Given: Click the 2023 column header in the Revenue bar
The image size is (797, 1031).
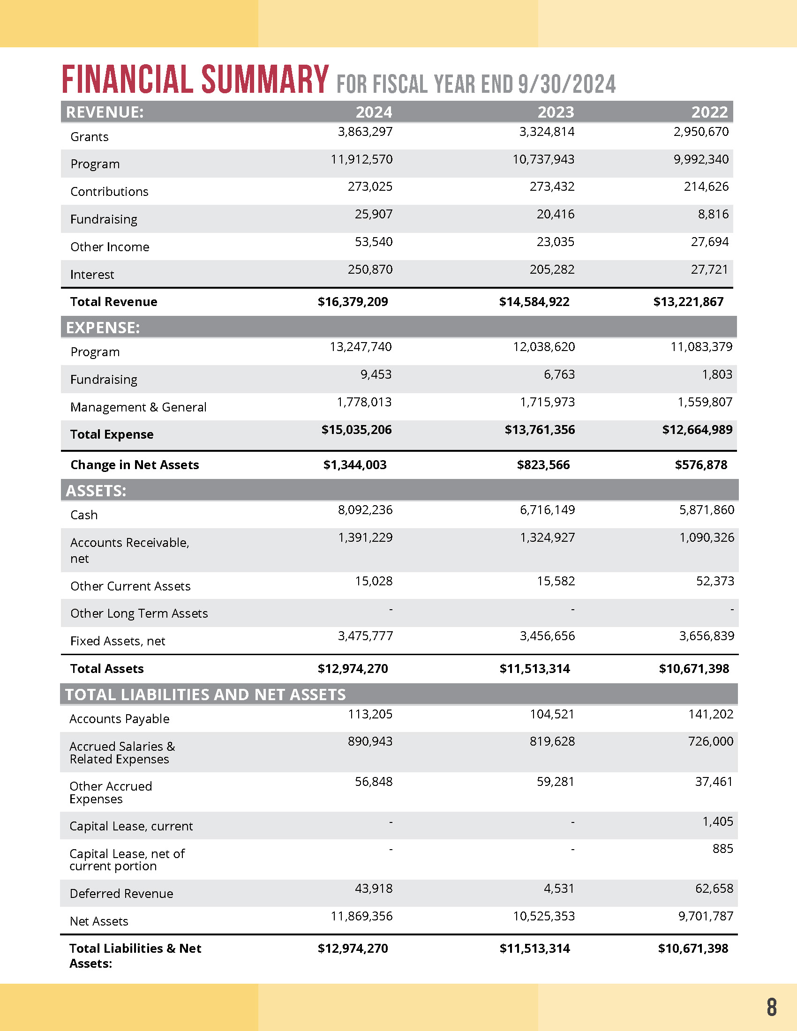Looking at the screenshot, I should pyautogui.click(x=556, y=112).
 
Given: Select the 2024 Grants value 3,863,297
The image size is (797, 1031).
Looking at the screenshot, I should pyautogui.click(x=365, y=132).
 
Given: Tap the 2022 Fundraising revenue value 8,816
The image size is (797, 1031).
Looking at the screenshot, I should pyautogui.click(x=713, y=214).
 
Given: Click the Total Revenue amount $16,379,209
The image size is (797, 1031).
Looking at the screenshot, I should pyautogui.click(x=353, y=302).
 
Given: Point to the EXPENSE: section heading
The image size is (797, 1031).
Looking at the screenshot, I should pyautogui.click(x=103, y=328).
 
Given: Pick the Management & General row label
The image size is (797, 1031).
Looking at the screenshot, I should pyautogui.click(x=138, y=407).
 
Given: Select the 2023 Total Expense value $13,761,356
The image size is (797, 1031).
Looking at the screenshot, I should pyautogui.click(x=540, y=430).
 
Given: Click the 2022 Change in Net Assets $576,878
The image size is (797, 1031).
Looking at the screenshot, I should pyautogui.click(x=701, y=465).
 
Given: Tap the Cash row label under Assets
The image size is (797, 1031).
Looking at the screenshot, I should pyautogui.click(x=84, y=515).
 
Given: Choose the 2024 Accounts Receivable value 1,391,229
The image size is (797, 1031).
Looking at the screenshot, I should pyautogui.click(x=365, y=538).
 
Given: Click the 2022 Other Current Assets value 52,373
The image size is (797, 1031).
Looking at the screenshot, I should pyautogui.click(x=715, y=581).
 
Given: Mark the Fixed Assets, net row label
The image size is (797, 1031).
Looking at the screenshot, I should pyautogui.click(x=118, y=641).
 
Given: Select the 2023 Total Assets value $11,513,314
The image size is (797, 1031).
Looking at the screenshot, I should pyautogui.click(x=534, y=669).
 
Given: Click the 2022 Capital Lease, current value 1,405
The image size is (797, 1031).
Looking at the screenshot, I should pyautogui.click(x=718, y=822).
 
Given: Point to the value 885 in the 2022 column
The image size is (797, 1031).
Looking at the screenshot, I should pyautogui.click(x=722, y=849).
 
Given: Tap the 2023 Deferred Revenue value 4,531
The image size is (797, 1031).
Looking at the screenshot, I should pyautogui.click(x=558, y=889).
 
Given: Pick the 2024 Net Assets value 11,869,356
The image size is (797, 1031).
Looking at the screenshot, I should pyautogui.click(x=361, y=916).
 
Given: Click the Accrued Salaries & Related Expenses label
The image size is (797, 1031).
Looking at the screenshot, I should pyautogui.click(x=121, y=753).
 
